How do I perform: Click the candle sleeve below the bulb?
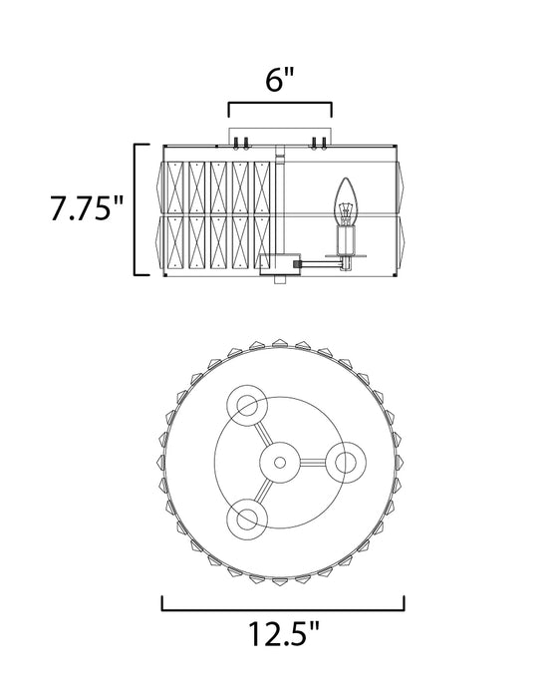[x=348, y=240]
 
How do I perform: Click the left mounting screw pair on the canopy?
[x=239, y=145]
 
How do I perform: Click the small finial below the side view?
[x=279, y=282]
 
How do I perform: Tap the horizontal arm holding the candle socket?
[x=317, y=263]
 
